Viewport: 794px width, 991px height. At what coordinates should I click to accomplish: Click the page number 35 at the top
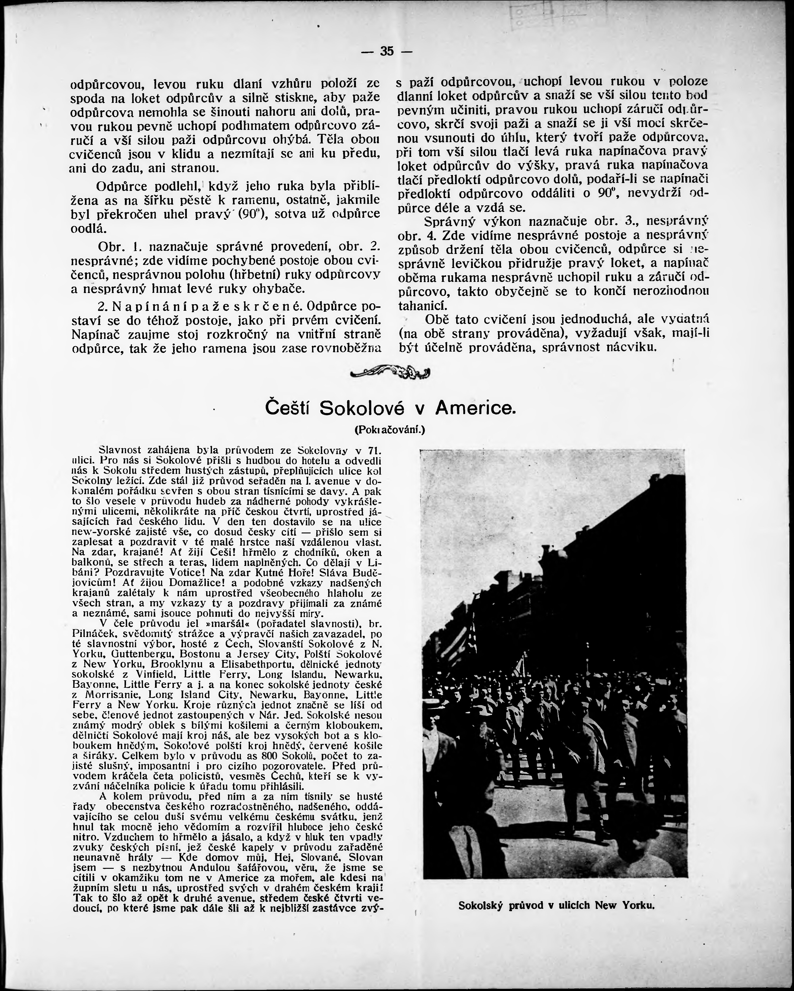coord(387,51)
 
